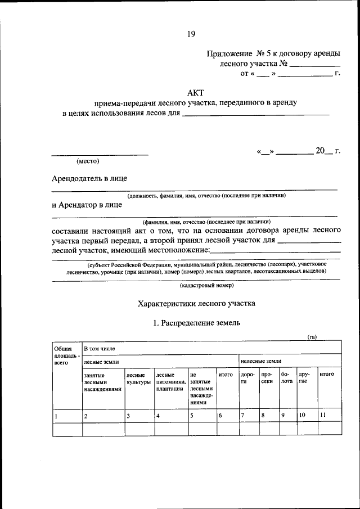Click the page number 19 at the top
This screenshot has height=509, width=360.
[191, 34]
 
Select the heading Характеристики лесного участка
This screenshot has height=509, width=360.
[196, 303]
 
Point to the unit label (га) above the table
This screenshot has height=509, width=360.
[312, 337]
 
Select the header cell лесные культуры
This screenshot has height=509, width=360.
[138, 379]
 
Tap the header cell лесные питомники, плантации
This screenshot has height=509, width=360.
[170, 381]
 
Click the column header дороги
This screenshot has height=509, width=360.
[247, 378]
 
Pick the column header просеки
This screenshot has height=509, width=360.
[267, 378]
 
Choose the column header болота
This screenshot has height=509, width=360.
[286, 378]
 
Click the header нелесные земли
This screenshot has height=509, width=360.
[261, 361]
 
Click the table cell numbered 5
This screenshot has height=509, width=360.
[192, 416]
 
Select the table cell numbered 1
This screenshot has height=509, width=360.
[56, 416]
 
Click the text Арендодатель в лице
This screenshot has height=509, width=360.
[89, 178]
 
